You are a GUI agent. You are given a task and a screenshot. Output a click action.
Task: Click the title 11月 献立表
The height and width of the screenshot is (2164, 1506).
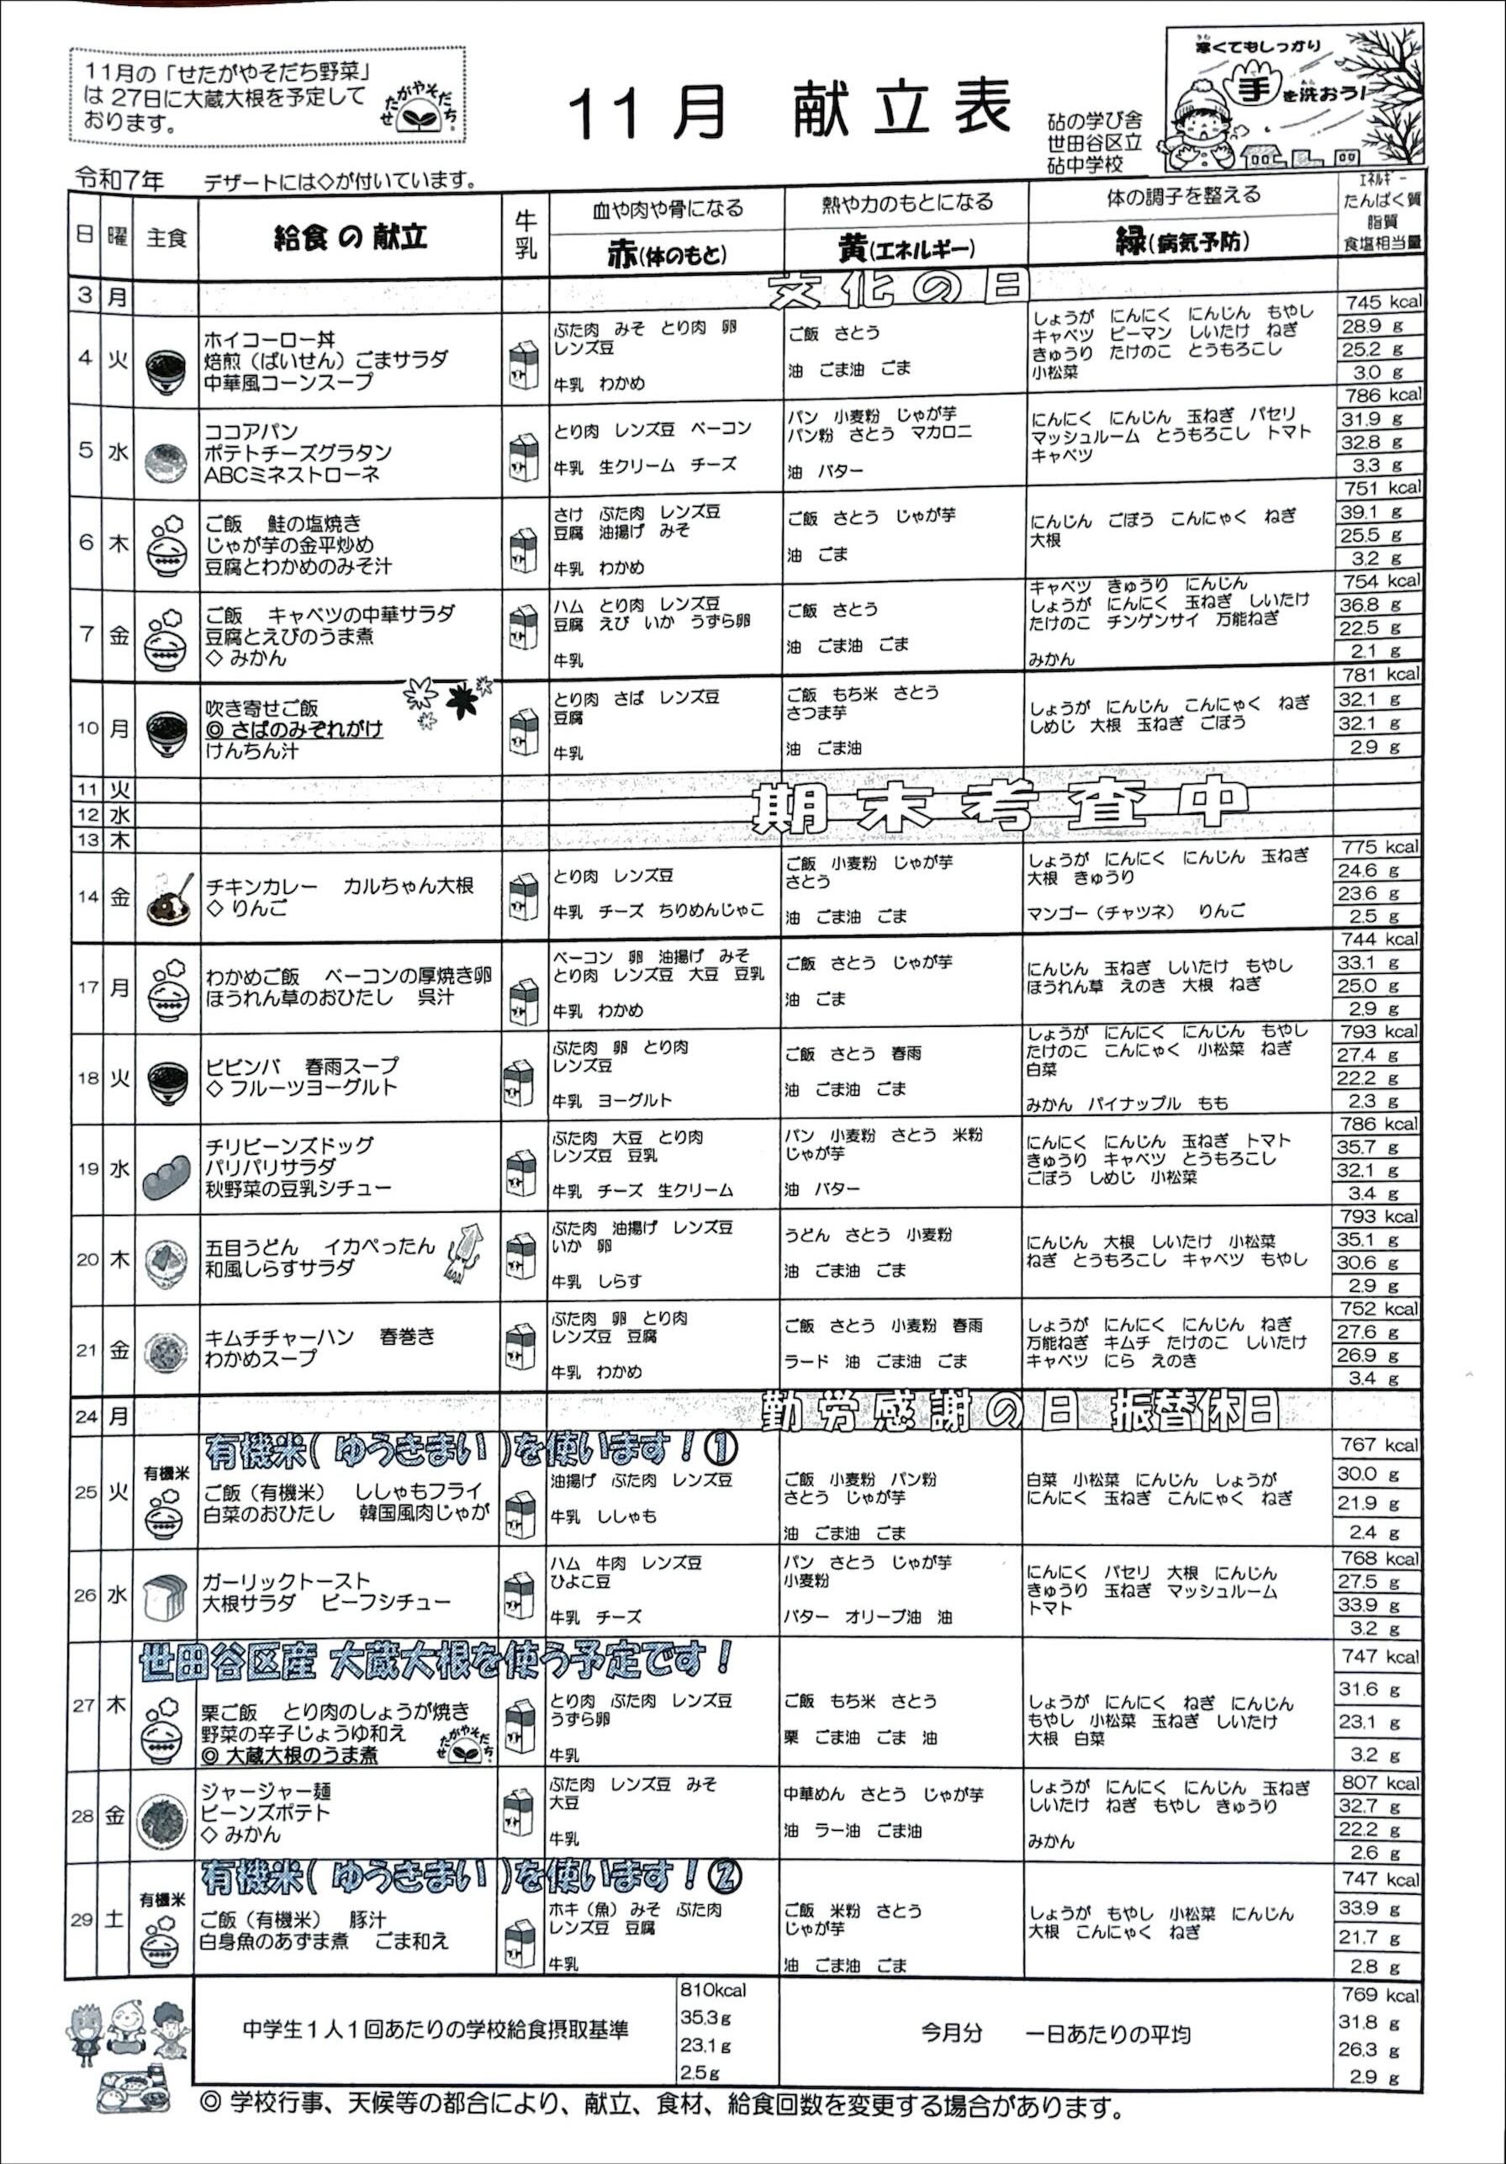click(790, 109)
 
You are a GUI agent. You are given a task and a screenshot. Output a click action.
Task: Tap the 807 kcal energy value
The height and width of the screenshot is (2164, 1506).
click(1380, 1782)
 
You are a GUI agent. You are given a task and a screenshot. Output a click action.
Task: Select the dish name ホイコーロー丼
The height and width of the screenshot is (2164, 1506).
click(270, 338)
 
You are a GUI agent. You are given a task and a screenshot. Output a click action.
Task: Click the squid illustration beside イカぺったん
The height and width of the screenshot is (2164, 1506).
click(467, 1252)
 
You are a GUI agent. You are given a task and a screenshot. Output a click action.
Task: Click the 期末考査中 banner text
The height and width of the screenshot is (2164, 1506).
click(999, 807)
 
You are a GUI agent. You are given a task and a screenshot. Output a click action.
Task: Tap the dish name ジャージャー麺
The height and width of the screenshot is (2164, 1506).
click(266, 1791)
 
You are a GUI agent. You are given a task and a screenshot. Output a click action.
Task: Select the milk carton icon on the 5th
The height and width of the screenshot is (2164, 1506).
click(524, 458)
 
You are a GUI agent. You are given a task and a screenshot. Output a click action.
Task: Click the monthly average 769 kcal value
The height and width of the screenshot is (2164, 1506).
click(1380, 1994)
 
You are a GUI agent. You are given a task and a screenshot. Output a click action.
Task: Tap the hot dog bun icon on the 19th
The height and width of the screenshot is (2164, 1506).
click(166, 1178)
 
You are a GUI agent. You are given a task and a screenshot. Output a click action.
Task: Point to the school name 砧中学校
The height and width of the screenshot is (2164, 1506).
click(1085, 164)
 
